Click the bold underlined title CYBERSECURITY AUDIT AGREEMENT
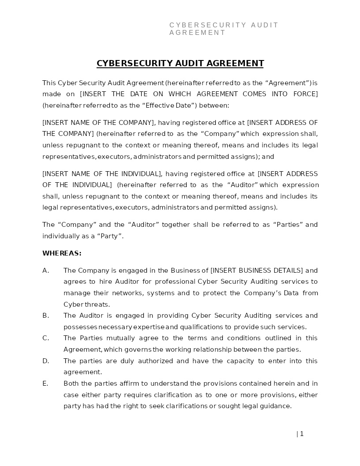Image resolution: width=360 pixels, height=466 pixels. pyautogui.click(x=180, y=63)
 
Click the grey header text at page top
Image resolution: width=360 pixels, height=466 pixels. pyautogui.click(x=224, y=29)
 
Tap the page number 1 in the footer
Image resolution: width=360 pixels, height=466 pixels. pyautogui.click(x=302, y=434)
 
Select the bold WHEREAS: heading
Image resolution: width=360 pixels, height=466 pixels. pyautogui.click(x=62, y=253)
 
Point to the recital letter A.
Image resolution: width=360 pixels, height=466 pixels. pyautogui.click(x=45, y=271)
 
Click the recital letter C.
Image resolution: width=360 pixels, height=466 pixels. pyautogui.click(x=45, y=338)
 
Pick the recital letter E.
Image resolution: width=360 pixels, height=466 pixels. pyautogui.click(x=45, y=383)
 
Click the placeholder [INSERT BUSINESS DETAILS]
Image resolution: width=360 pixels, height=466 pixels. pyautogui.click(x=257, y=271)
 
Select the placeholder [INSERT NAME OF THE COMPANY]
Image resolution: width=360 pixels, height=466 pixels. pyautogui.click(x=98, y=123)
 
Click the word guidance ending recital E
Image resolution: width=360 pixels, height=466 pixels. pyautogui.click(x=275, y=406)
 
